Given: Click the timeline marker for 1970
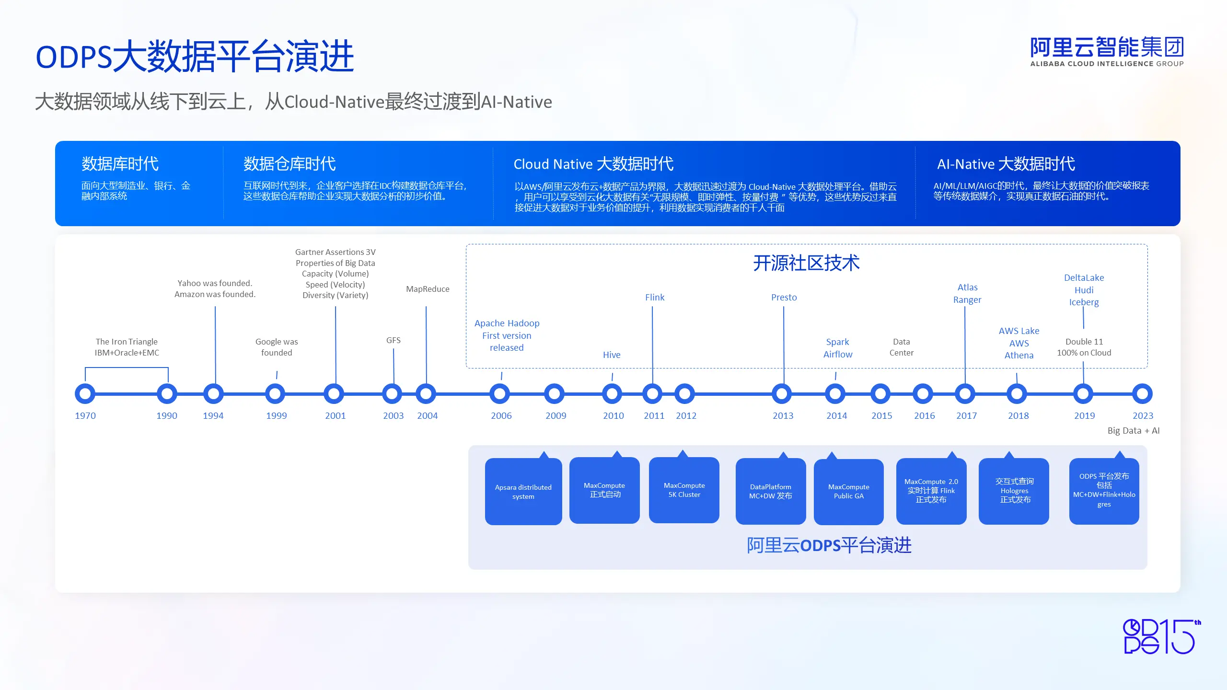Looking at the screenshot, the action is click(x=85, y=394).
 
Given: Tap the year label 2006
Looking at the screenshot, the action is click(x=501, y=415).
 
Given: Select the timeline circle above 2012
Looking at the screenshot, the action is click(x=684, y=394).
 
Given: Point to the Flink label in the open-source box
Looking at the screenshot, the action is click(x=655, y=297).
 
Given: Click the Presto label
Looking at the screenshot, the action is click(x=784, y=297).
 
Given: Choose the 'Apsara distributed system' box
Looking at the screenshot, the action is click(x=523, y=491).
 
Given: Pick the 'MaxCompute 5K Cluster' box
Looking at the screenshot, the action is click(x=684, y=490).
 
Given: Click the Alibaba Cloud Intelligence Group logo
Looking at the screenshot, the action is click(x=1107, y=51).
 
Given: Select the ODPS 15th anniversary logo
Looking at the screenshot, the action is click(x=1162, y=636).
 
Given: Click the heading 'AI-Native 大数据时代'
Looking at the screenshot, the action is click(x=1006, y=164).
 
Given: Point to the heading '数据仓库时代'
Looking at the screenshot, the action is click(x=289, y=164).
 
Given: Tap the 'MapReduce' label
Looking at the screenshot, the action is click(x=428, y=289).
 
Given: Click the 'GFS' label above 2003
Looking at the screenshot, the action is click(x=394, y=340).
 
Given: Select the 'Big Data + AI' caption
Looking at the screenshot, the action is click(x=1134, y=430).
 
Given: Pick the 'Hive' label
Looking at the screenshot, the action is click(x=612, y=355).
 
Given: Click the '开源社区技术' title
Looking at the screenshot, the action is click(x=807, y=263).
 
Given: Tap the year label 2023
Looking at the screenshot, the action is click(x=1143, y=415).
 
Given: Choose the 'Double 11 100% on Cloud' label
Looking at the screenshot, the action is click(x=1084, y=347).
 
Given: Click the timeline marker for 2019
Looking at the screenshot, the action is click(x=1083, y=394).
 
